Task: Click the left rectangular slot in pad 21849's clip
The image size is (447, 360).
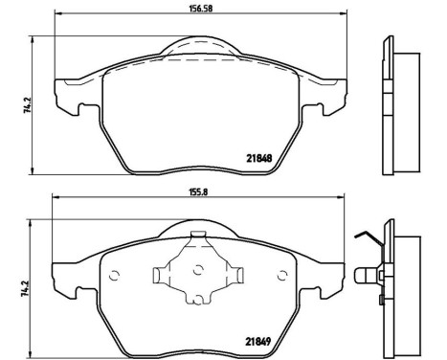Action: pyautogui.click(x=161, y=275)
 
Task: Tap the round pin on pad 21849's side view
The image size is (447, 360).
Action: pyautogui.click(x=366, y=276)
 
